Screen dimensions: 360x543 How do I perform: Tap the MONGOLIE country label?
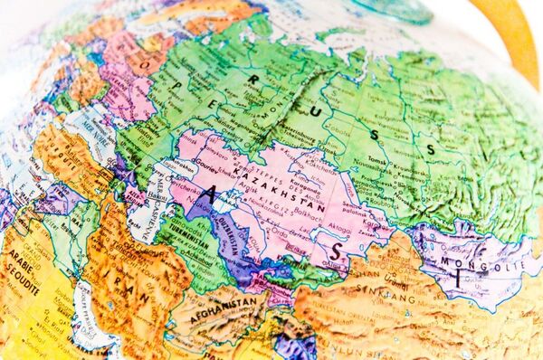coord(484,260)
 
